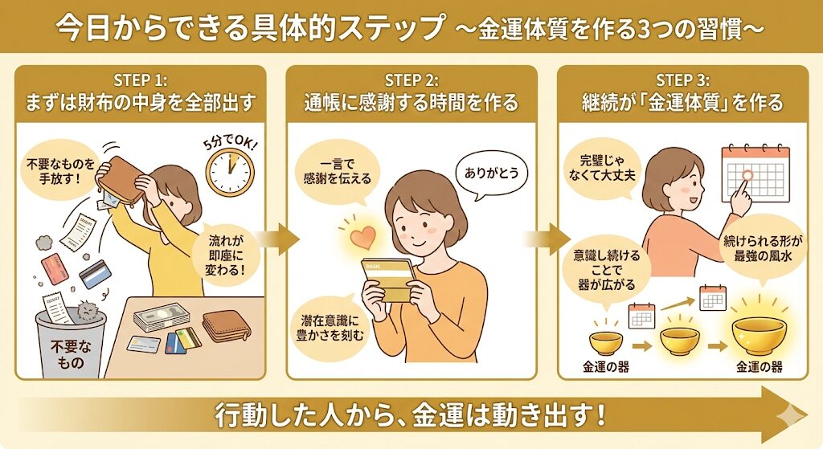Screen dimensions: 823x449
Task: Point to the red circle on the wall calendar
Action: [x=748, y=175]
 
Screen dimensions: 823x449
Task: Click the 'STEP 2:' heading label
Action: [x=411, y=81]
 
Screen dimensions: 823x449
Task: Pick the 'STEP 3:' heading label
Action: [x=683, y=81]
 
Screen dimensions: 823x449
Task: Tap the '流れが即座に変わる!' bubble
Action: [x=227, y=255]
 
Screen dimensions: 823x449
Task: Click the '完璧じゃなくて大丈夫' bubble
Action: [x=602, y=168]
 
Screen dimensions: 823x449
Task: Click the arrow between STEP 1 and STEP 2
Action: [x=278, y=239]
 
